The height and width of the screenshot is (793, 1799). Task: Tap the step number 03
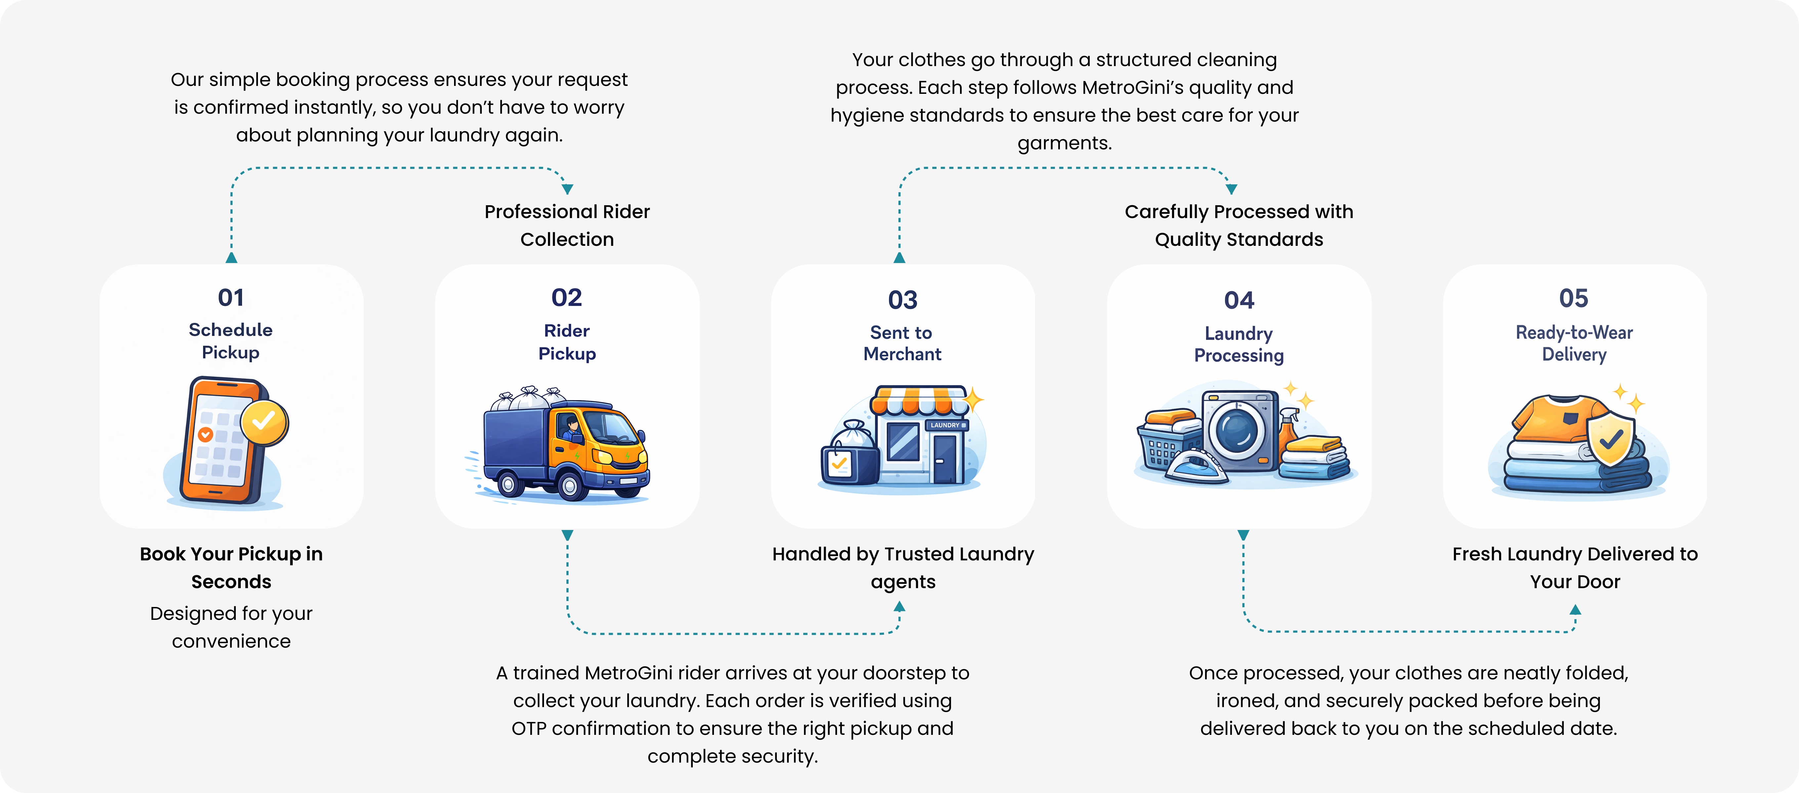point(902,300)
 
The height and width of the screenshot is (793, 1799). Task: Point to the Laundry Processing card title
point(1239,344)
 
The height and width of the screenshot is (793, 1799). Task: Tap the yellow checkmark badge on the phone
point(264,422)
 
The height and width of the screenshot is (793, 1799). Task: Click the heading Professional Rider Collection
point(567,225)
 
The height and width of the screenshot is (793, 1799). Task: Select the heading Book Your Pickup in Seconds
point(231,568)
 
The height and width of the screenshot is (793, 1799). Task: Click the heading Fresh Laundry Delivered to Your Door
point(1575,568)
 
